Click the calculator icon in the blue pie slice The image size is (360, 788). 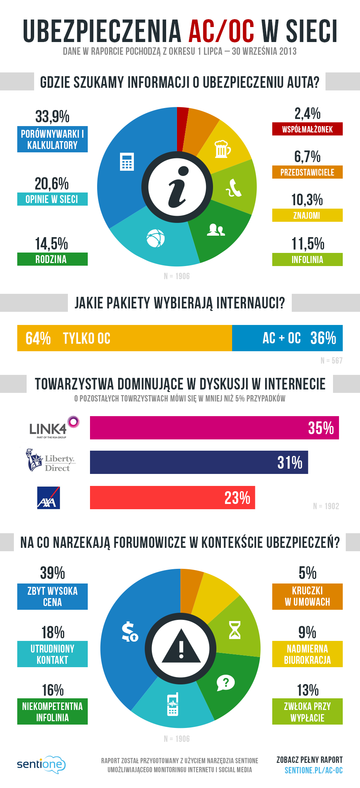pyautogui.click(x=127, y=162)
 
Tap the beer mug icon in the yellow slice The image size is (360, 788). pyautogui.click(x=222, y=149)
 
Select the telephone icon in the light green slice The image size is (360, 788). pyautogui.click(x=234, y=188)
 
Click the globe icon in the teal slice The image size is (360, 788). pyautogui.click(x=155, y=238)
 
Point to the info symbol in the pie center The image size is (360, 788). pyautogui.click(x=177, y=187)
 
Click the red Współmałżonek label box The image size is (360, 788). pyautogui.click(x=307, y=129)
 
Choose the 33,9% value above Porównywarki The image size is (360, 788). pyautogui.click(x=52, y=116)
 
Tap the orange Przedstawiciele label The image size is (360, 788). pyautogui.click(x=307, y=172)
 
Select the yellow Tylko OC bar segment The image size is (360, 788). pyautogui.click(x=124, y=338)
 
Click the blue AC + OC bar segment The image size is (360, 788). pyautogui.click(x=287, y=338)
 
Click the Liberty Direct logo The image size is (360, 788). pyautogui.click(x=50, y=460)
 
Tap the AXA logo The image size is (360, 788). pyautogui.click(x=48, y=498)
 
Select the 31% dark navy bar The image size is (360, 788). pyautogui.click(x=199, y=462)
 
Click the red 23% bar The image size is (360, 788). pyautogui.click(x=172, y=498)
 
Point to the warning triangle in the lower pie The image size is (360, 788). pyautogui.click(x=181, y=647)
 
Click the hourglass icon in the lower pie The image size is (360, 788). pyautogui.click(x=235, y=630)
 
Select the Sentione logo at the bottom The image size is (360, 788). pyautogui.click(x=41, y=764)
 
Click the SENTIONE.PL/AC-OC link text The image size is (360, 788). pyautogui.click(x=313, y=770)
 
